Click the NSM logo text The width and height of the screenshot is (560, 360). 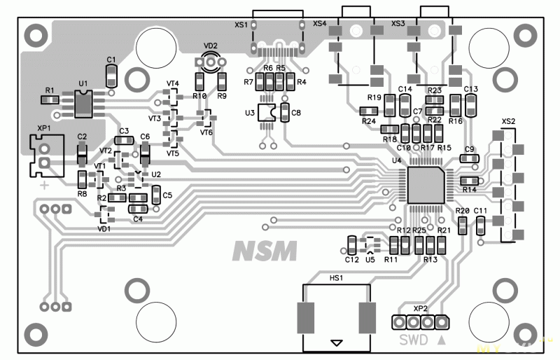(265, 250)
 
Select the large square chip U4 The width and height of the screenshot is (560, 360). (425, 184)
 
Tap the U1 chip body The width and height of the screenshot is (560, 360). (84, 104)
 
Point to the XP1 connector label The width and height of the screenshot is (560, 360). (43, 129)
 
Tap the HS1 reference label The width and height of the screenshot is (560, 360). (336, 278)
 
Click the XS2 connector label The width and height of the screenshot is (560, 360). (508, 121)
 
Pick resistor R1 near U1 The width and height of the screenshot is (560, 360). (49, 100)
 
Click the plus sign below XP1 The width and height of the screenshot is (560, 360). (44, 186)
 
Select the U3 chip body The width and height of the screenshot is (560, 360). (266, 112)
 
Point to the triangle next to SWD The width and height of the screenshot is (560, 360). (441, 341)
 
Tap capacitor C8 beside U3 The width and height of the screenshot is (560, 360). (284, 112)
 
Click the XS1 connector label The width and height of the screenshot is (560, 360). (241, 25)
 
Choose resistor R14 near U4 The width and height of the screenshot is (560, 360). (468, 182)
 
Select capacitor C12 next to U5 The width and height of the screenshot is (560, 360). (351, 244)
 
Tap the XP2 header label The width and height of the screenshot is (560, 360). (420, 308)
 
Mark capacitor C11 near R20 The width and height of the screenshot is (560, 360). (480, 225)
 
